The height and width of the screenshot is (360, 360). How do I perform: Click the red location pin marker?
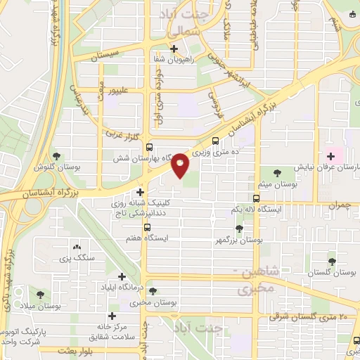[x=180, y=165]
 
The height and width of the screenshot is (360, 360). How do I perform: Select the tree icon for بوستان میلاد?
[x=41, y=295]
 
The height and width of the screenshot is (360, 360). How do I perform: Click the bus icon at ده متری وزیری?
[x=215, y=140]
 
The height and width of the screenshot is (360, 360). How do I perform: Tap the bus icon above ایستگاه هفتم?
[x=147, y=227]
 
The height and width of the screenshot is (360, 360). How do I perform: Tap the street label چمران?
[x=337, y=204]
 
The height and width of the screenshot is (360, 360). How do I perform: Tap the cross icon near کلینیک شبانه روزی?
[x=141, y=191]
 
